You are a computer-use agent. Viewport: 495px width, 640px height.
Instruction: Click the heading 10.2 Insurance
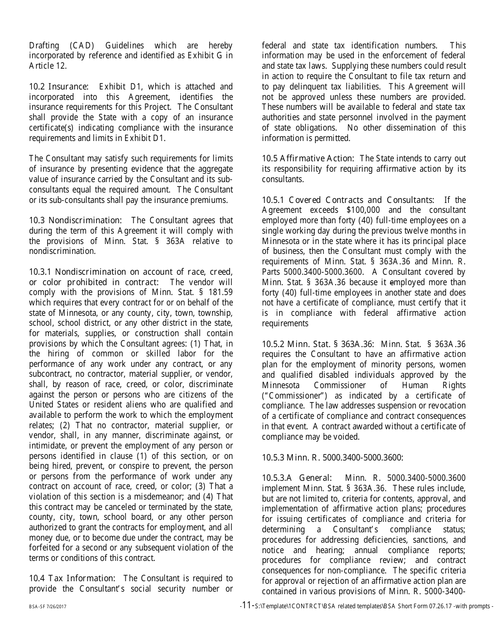(58, 86)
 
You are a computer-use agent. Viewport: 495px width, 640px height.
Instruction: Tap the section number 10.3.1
(41, 272)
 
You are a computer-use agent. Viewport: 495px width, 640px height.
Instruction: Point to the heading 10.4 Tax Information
(72, 578)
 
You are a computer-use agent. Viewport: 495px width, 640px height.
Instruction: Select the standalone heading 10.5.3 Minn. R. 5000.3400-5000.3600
(332, 457)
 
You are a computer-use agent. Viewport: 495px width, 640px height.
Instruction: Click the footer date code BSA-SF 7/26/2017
(47, 607)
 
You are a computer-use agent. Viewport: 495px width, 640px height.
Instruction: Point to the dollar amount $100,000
(364, 210)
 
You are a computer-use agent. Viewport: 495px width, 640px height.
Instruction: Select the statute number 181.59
(220, 292)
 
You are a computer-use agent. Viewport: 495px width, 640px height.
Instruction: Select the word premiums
(210, 200)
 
